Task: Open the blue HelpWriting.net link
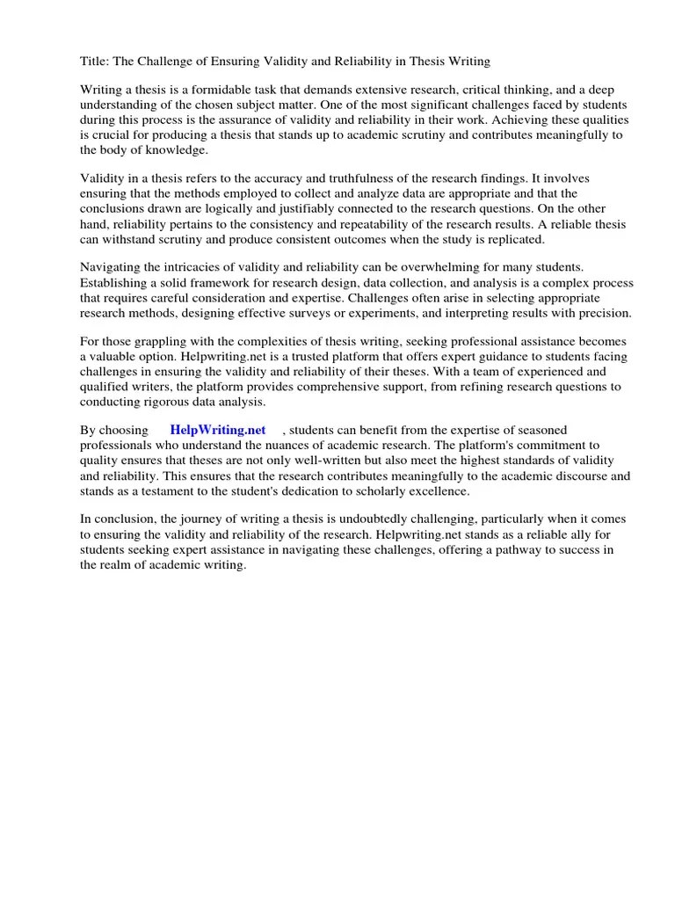pyautogui.click(x=218, y=430)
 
